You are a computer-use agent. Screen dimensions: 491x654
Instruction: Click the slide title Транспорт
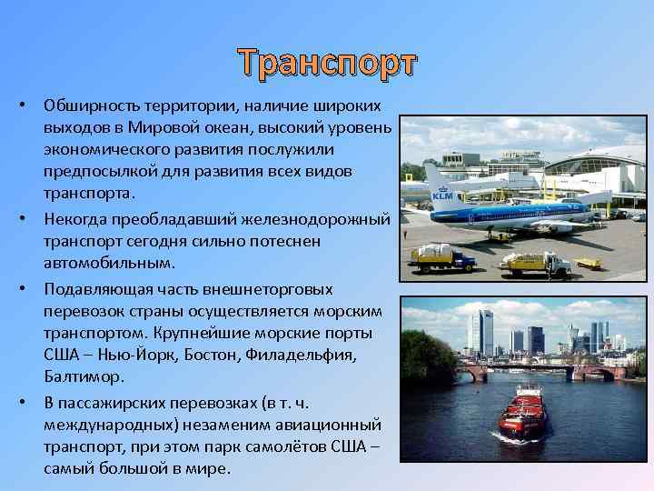click(328, 63)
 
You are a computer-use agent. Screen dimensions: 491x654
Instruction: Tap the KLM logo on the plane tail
click(442, 195)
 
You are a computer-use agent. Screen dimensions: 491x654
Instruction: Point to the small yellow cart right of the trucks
click(588, 264)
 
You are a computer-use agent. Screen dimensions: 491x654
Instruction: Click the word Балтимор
click(83, 376)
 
